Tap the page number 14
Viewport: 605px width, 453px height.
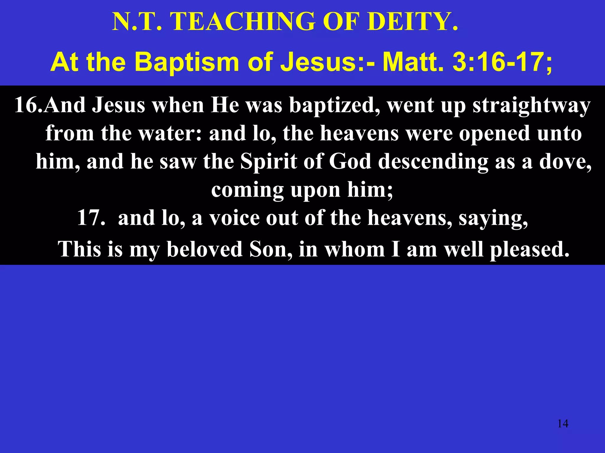click(x=563, y=424)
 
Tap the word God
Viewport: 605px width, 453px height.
click(x=350, y=162)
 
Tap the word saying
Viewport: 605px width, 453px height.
click(x=493, y=219)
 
